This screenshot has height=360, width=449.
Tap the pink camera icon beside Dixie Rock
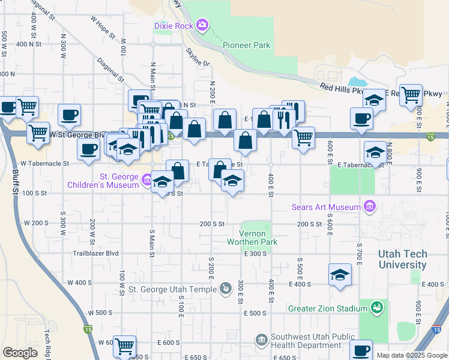(202, 25)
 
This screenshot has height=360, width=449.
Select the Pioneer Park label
(246, 45)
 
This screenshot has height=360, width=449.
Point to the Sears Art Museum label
(326, 208)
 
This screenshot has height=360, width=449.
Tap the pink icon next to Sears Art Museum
(370, 208)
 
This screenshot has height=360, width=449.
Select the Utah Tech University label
(402, 259)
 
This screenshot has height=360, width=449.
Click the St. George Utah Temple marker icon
(225, 289)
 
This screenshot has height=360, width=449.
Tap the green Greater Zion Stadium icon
(376, 308)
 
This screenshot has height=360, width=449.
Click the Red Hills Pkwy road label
(342, 88)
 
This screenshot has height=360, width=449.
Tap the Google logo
(20, 353)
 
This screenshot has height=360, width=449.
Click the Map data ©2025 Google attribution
(411, 355)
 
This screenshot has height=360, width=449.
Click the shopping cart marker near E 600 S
(124, 346)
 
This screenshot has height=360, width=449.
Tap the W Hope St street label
(103, 26)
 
